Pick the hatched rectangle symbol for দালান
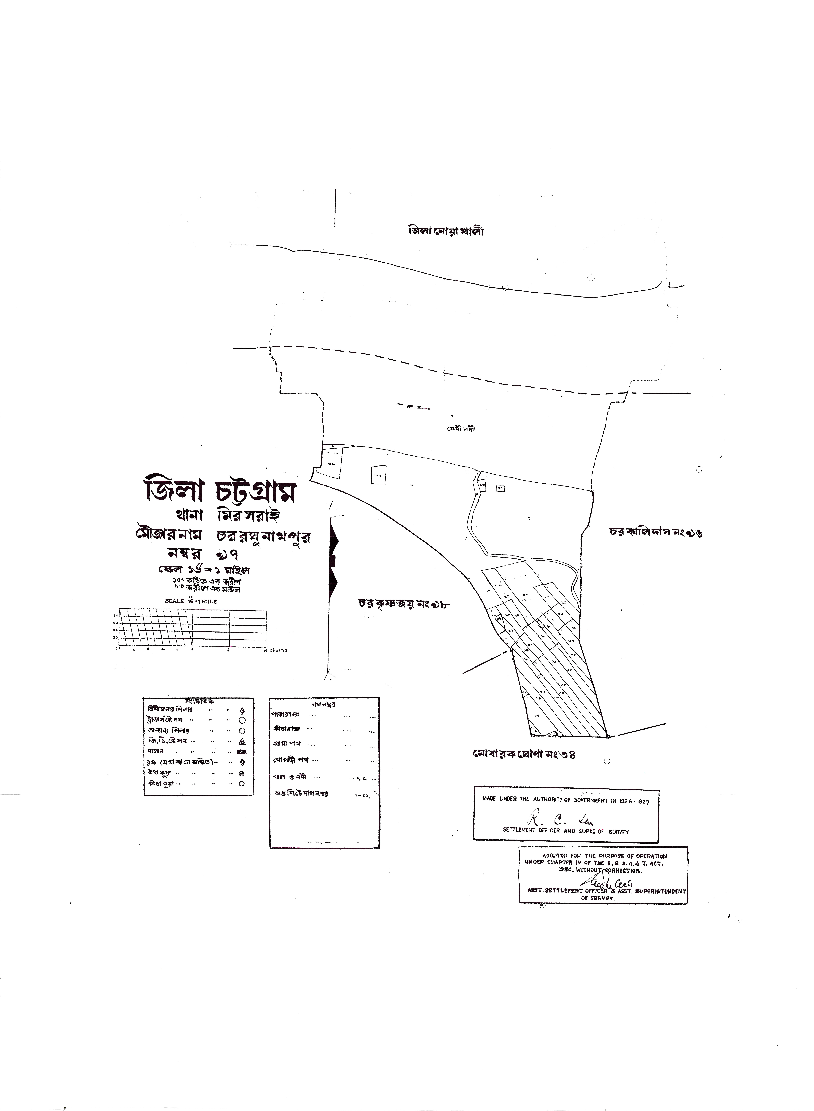[241, 752]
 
